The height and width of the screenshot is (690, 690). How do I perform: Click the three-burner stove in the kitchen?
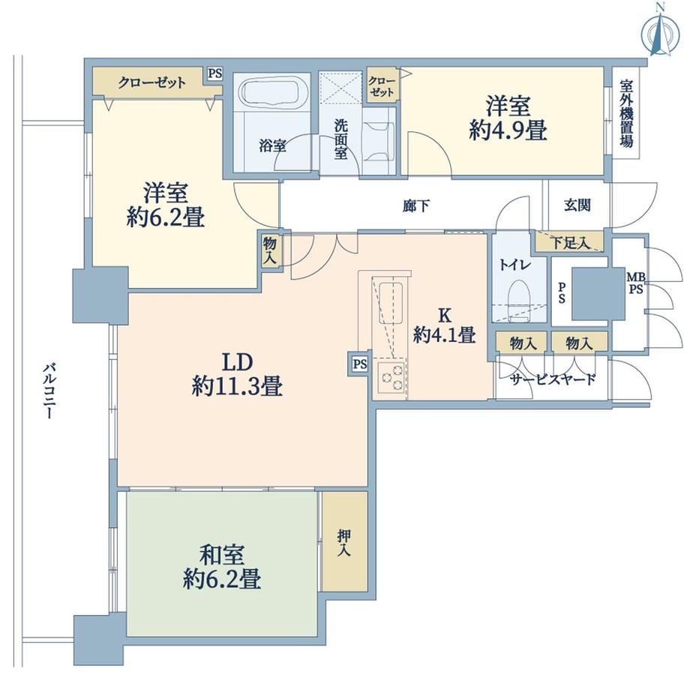[x=392, y=377]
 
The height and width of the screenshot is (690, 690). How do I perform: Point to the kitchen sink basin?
[x=390, y=299]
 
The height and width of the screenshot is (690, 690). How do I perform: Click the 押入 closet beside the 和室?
[x=344, y=541]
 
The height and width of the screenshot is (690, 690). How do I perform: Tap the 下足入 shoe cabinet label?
[x=571, y=242]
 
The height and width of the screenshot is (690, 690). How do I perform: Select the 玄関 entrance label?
[x=577, y=205]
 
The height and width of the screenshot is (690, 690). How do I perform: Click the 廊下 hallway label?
[x=416, y=205]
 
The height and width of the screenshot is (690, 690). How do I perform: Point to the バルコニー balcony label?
[x=49, y=390]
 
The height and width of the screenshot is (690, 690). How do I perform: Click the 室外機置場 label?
[x=626, y=113]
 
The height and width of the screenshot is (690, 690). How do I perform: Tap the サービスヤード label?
[x=553, y=379]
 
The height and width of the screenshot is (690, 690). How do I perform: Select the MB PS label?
[x=635, y=283]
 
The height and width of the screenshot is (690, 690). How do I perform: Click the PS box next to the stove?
[x=360, y=364]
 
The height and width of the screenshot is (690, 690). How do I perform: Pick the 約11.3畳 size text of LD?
[x=237, y=387]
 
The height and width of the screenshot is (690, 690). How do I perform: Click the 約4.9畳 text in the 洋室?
[x=508, y=130]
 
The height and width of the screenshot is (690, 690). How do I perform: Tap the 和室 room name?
[x=222, y=555]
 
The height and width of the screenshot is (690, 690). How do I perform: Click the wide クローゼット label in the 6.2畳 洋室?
[x=151, y=82]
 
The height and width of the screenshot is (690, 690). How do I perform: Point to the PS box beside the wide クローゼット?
[x=215, y=74]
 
